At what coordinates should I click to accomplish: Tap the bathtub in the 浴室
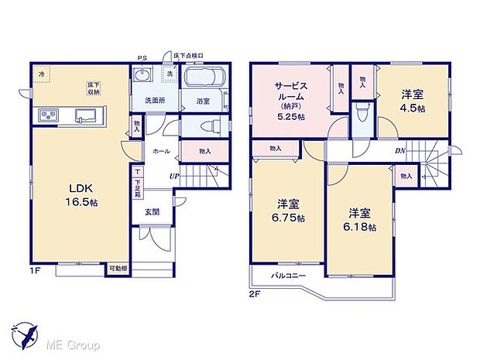pos(204,79)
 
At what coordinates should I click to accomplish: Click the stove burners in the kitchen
pos(46,116)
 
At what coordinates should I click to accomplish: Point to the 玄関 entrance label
pos(151,211)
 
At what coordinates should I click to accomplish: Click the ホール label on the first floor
pos(161,151)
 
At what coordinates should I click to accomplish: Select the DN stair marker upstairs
pos(400,150)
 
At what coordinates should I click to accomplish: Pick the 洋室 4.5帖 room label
pos(413,101)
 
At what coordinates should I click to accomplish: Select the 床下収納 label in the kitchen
pos(94,87)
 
